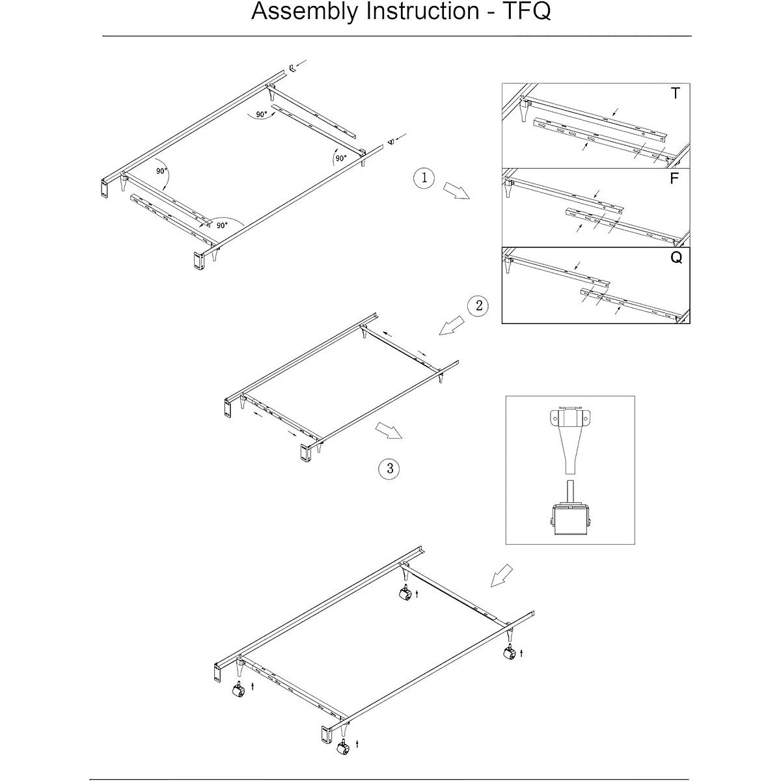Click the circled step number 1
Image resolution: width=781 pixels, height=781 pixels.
[424, 178]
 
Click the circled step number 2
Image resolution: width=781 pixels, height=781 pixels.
[478, 305]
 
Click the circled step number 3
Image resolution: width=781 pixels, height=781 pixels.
[389, 468]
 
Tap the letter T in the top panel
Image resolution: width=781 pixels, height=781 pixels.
[675, 94]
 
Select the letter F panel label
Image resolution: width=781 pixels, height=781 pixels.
[675, 178]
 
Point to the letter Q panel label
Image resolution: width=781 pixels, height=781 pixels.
[676, 258]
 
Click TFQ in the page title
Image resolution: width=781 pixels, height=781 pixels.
[526, 12]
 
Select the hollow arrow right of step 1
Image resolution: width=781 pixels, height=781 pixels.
[456, 192]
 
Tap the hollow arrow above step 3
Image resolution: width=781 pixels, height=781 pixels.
[389, 432]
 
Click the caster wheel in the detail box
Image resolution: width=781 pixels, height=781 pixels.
[570, 517]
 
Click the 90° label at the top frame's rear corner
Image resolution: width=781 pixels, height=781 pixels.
[261, 115]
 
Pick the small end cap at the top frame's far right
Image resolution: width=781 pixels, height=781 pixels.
[390, 141]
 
